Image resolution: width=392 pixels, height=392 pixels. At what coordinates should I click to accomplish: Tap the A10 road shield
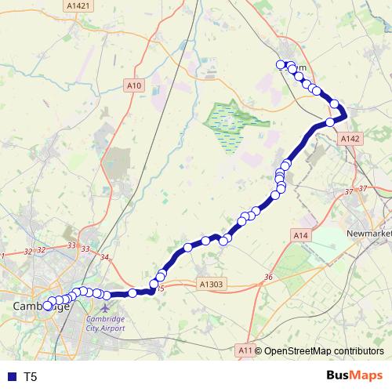coord(133,85)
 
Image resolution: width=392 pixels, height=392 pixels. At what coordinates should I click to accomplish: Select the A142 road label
coord(350,138)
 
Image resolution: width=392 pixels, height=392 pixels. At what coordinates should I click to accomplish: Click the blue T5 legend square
coord(10,376)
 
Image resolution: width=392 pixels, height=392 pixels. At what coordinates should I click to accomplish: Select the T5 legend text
coord(31,376)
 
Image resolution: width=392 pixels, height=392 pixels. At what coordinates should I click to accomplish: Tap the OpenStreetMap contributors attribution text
coord(323,350)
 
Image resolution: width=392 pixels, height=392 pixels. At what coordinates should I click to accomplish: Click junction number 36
coord(268,277)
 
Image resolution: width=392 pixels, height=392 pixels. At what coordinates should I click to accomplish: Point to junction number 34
coord(105,257)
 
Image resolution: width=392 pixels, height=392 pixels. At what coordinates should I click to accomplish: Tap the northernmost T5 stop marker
coord(281,65)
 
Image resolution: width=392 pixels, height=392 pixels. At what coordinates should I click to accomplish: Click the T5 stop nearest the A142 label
coord(330,122)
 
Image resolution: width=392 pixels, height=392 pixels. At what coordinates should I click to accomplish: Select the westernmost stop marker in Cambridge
coord(47,307)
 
